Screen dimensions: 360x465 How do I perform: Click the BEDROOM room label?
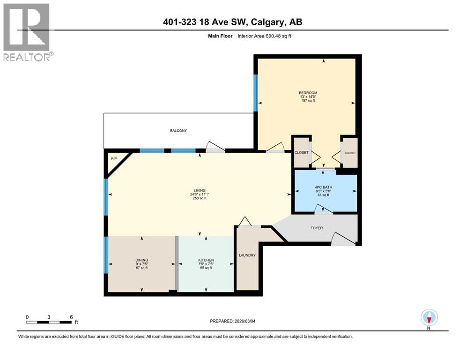(308, 93)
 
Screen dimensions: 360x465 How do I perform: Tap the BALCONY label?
(178, 131)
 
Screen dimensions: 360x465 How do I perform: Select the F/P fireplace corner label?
(113, 159)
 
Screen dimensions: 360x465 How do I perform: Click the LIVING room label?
(200, 190)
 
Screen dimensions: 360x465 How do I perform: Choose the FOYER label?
(316, 228)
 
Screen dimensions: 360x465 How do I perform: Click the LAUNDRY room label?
(247, 255)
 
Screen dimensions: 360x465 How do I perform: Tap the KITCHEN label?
(206, 260)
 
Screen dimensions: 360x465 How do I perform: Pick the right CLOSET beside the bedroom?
(350, 153)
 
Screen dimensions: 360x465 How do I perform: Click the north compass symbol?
(429, 318)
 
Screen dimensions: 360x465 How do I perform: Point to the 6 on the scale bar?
(71, 317)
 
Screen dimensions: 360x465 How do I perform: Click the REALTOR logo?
(28, 32)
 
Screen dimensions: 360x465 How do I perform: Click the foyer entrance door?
(343, 240)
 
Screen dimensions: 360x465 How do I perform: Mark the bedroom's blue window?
(256, 92)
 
